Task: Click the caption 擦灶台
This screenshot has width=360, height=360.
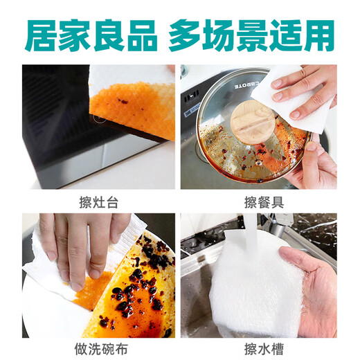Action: click(x=98, y=202)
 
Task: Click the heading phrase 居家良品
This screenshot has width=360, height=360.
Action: click(x=91, y=35)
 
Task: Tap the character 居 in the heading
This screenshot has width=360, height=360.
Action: click(x=40, y=35)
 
